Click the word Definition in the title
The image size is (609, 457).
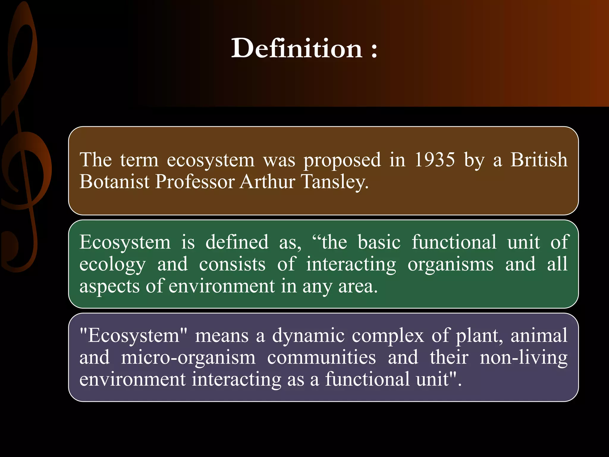[297, 48]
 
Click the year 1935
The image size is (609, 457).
[434, 160]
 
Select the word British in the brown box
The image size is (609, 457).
[539, 160]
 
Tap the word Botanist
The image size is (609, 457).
[114, 181]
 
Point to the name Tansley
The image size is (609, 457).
[335, 181]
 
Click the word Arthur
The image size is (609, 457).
[267, 181]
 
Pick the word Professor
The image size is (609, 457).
[195, 181]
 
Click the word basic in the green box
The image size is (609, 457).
[379, 242]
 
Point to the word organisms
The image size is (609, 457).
[451, 264]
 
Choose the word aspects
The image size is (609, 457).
[109, 286]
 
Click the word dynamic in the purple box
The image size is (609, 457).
[308, 336]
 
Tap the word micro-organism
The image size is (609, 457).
[188, 357]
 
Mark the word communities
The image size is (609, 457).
[321, 357]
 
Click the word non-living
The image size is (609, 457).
[524, 357]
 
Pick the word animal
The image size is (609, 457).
[539, 335]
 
